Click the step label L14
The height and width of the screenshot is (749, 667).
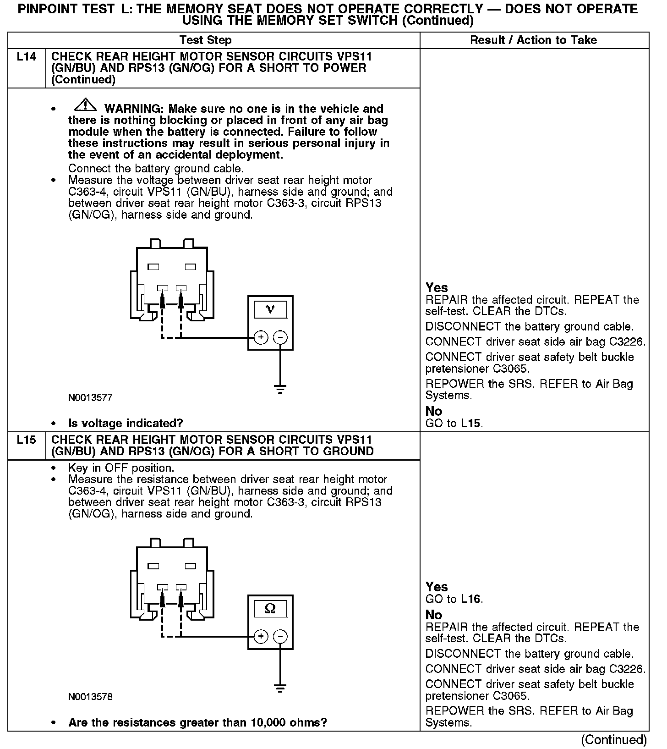tap(26, 57)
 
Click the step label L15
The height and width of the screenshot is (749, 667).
tap(26, 440)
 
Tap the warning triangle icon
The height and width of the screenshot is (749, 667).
tap(85, 106)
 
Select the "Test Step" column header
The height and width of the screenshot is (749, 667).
tap(205, 40)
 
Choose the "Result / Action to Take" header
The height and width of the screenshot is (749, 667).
tap(533, 40)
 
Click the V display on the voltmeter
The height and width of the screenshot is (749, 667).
tap(270, 309)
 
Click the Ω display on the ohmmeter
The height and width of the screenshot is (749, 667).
tap(270, 609)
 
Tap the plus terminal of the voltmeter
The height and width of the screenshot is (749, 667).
tap(261, 338)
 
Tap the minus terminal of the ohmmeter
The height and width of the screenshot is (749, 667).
tap(280, 637)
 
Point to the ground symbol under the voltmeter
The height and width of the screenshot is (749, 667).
tap(280, 390)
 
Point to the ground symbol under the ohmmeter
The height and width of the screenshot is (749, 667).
tap(280, 688)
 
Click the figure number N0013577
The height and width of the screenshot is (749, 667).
tap(90, 398)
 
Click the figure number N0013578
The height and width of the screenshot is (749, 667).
tap(90, 697)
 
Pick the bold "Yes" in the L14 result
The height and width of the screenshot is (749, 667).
tap(437, 287)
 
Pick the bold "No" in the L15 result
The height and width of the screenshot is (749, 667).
tap(434, 615)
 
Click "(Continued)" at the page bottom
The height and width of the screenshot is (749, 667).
tap(613, 739)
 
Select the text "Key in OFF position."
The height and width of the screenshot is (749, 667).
tap(121, 468)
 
